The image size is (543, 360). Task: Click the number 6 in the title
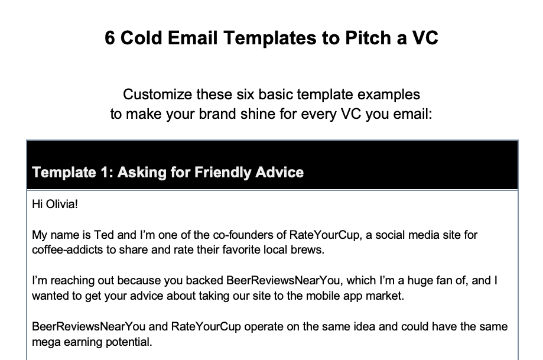point(109,38)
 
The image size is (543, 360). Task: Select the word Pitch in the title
point(368,37)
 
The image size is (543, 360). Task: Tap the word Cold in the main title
point(141,37)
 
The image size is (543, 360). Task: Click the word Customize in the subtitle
point(157,94)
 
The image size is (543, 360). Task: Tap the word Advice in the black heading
point(279,172)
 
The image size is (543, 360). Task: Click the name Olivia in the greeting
point(61,204)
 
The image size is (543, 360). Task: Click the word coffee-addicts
point(67,249)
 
